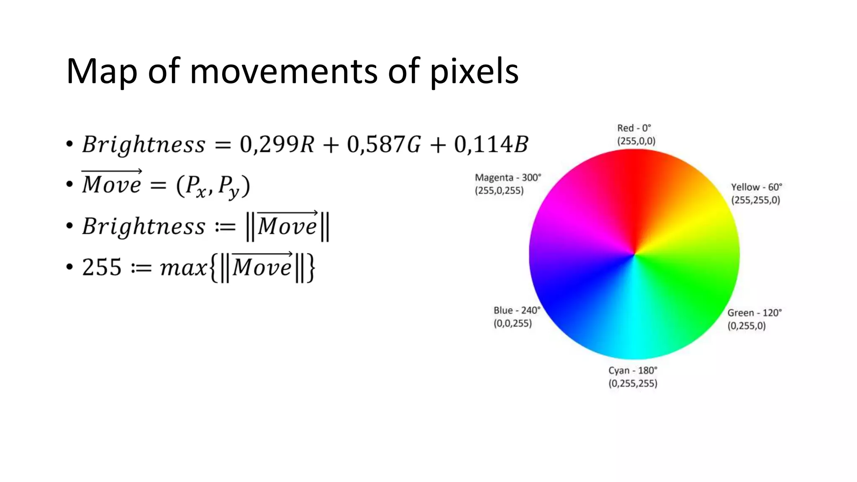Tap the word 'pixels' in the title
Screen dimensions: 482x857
tap(474, 72)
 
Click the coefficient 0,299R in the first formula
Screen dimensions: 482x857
tap(277, 144)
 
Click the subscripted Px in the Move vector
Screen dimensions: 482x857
tap(196, 186)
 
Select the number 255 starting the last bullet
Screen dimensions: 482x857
tap(102, 267)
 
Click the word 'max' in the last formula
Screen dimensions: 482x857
tap(183, 268)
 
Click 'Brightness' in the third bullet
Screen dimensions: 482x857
tap(144, 226)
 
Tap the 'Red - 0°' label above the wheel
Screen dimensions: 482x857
tap(634, 128)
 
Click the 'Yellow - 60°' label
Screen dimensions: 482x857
tap(756, 187)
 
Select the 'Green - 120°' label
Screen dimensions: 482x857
tap(754, 313)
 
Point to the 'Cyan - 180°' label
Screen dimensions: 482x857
tap(633, 370)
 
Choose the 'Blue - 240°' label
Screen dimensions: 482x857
tap(517, 310)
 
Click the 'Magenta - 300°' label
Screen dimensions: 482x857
tap(508, 177)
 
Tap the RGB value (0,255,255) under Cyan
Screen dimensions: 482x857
tap(633, 383)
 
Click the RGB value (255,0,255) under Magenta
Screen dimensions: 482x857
tap(499, 191)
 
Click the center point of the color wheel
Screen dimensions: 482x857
tap(634, 254)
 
